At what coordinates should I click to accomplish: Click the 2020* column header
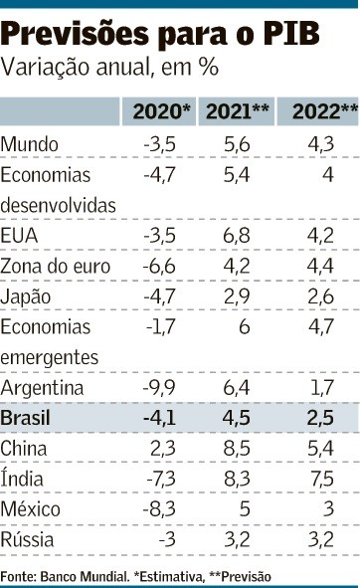162,111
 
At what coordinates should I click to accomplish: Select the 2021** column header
238,111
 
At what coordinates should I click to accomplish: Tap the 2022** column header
325,111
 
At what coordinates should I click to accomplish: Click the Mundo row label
29,144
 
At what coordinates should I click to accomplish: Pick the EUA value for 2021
237,236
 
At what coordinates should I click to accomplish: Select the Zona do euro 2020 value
159,267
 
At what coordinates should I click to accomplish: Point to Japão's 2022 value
320,296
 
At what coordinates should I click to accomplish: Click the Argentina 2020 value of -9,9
159,388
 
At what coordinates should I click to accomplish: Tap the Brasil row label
25,418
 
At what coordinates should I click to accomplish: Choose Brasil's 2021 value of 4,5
237,418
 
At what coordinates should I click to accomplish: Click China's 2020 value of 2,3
163,449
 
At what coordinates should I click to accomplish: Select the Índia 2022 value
322,479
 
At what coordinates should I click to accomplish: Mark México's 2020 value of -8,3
159,509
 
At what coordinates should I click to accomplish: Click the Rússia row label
27,539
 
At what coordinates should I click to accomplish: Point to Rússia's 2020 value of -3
167,539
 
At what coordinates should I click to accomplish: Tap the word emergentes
50,357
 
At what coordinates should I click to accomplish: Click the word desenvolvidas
58,206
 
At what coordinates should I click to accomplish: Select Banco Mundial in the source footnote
84,576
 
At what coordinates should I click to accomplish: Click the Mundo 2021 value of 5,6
237,144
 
